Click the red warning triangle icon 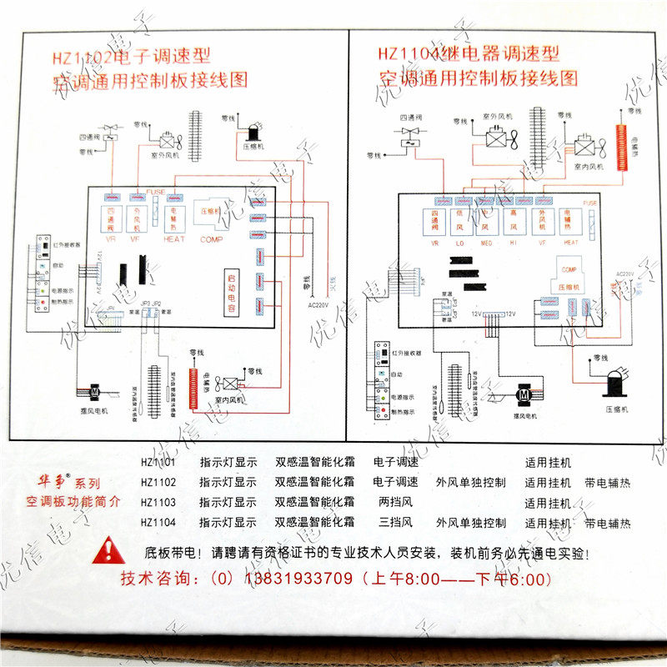coord(109,551)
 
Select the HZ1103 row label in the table coord(158,503)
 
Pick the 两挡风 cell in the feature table coord(396,503)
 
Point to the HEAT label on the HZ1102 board coord(173,239)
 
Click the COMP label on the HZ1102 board coord(211,239)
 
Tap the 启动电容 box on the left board coord(233,293)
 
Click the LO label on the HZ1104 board coord(458,244)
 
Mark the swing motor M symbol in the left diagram coord(95,390)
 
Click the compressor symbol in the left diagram coord(250,133)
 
